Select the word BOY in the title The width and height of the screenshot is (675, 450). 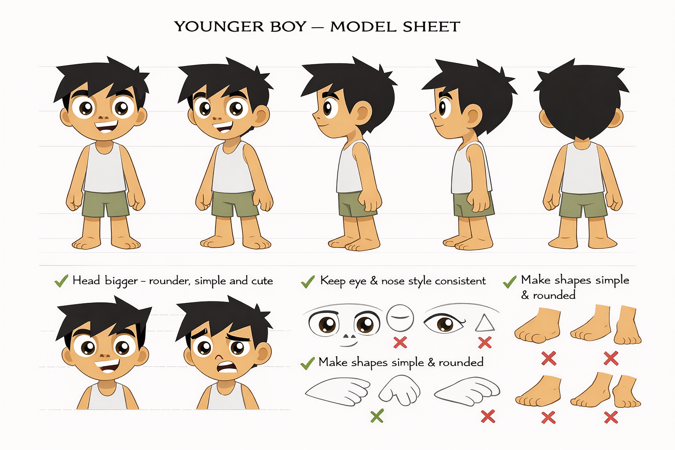[x=288, y=27]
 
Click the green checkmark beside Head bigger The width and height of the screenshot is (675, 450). [x=61, y=281]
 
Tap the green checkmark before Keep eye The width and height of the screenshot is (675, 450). [x=308, y=281]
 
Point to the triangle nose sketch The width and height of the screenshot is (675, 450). [x=485, y=323]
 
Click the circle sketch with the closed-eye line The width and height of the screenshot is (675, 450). [x=400, y=318]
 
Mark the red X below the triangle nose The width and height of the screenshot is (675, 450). [x=485, y=342]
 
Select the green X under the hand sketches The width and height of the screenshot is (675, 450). [x=377, y=415]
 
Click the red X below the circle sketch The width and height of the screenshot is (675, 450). [x=400, y=342]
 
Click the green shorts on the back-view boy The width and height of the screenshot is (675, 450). [x=583, y=204]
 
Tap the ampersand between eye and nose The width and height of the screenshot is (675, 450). [x=374, y=281]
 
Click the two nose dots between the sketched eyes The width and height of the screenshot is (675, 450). [x=349, y=337]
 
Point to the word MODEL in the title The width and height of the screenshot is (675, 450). [x=363, y=27]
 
